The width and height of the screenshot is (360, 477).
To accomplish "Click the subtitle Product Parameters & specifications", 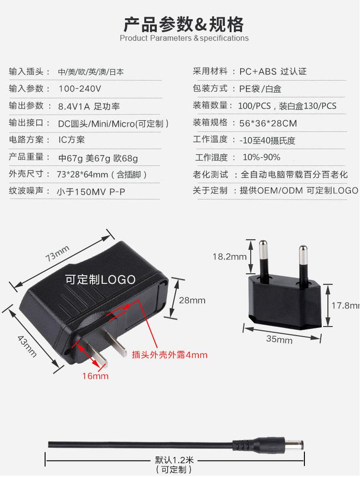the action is [x=184, y=38].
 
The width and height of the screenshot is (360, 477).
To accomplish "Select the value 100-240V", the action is [x=80, y=88].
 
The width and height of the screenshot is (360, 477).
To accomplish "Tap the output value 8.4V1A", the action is [x=74, y=106].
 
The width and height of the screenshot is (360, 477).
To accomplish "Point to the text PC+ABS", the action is [x=258, y=72].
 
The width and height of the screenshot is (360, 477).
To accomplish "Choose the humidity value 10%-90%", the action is [x=261, y=157].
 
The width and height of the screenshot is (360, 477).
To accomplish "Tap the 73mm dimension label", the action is [x=57, y=253].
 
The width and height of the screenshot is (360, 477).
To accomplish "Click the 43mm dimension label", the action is [x=26, y=345].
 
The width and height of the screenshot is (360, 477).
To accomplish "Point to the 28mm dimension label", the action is [x=192, y=300].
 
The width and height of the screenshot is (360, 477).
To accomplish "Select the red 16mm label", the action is [x=95, y=376].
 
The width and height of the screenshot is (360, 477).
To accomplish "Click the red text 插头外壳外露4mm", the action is [x=169, y=354].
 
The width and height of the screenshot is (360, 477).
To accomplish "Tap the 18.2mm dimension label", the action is [x=229, y=257].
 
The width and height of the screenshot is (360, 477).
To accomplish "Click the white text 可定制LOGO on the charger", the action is [x=100, y=280].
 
